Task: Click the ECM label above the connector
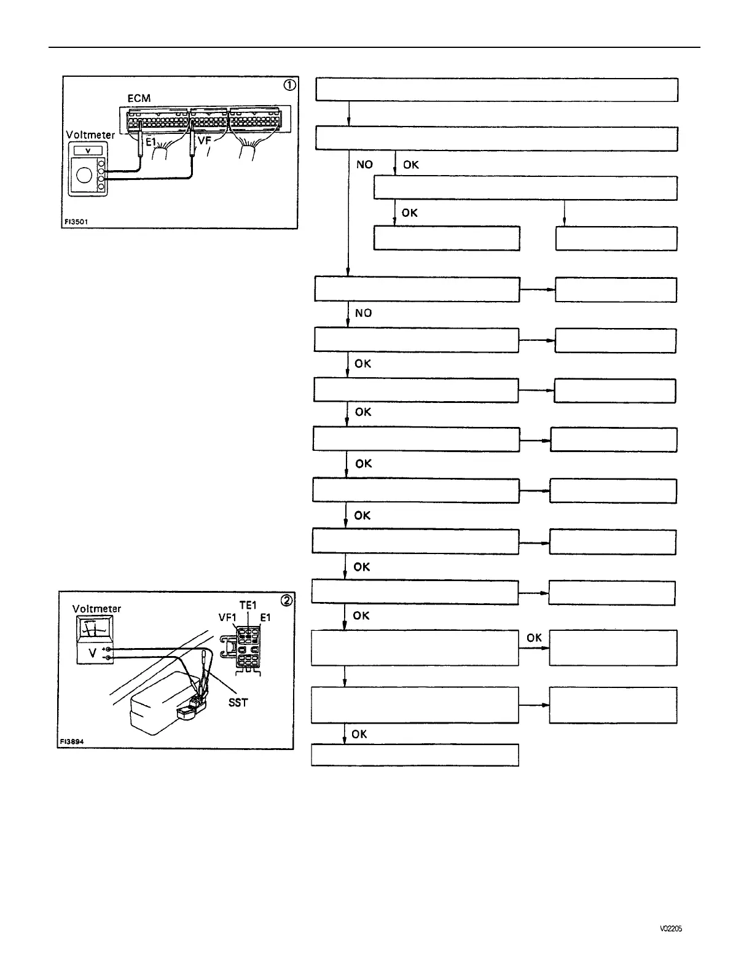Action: [x=139, y=98]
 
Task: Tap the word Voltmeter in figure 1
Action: [x=90, y=135]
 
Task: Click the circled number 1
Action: [x=289, y=85]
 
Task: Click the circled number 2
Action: [x=286, y=600]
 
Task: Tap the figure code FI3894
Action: [x=71, y=741]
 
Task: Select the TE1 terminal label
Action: [x=248, y=606]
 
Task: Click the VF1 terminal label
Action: [x=227, y=617]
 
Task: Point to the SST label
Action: [x=238, y=702]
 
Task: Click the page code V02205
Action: [x=671, y=929]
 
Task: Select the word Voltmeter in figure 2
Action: [x=96, y=609]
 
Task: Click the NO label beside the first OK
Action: [x=364, y=165]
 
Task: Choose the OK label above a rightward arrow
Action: [x=534, y=638]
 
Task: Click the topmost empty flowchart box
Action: [x=496, y=90]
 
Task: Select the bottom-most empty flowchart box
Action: [x=415, y=755]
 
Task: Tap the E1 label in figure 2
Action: [x=265, y=617]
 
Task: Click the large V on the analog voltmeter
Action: [x=92, y=654]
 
